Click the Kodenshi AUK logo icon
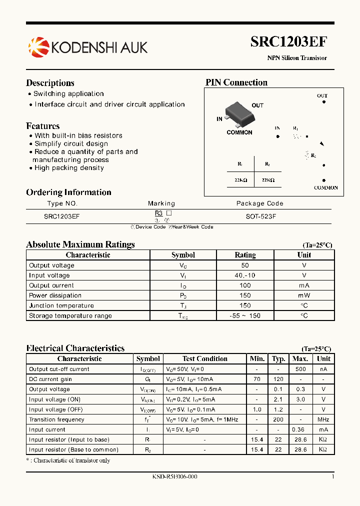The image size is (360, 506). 38,47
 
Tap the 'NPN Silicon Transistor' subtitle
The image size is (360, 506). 297,58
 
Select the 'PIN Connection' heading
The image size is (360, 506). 236,82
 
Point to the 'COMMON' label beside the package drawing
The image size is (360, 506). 239,132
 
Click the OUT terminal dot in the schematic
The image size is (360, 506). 323,102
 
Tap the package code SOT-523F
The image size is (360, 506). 259,216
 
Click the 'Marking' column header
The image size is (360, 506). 161,203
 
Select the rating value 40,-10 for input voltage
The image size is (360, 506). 245,275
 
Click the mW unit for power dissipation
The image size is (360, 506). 304,295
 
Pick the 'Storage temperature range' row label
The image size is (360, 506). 70,315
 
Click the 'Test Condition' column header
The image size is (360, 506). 205,358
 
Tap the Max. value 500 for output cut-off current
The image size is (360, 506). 300,369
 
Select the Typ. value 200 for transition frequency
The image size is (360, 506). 278,419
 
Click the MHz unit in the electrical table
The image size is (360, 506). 323,419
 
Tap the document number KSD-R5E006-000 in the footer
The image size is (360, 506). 174,476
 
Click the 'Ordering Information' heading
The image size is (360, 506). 68,192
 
